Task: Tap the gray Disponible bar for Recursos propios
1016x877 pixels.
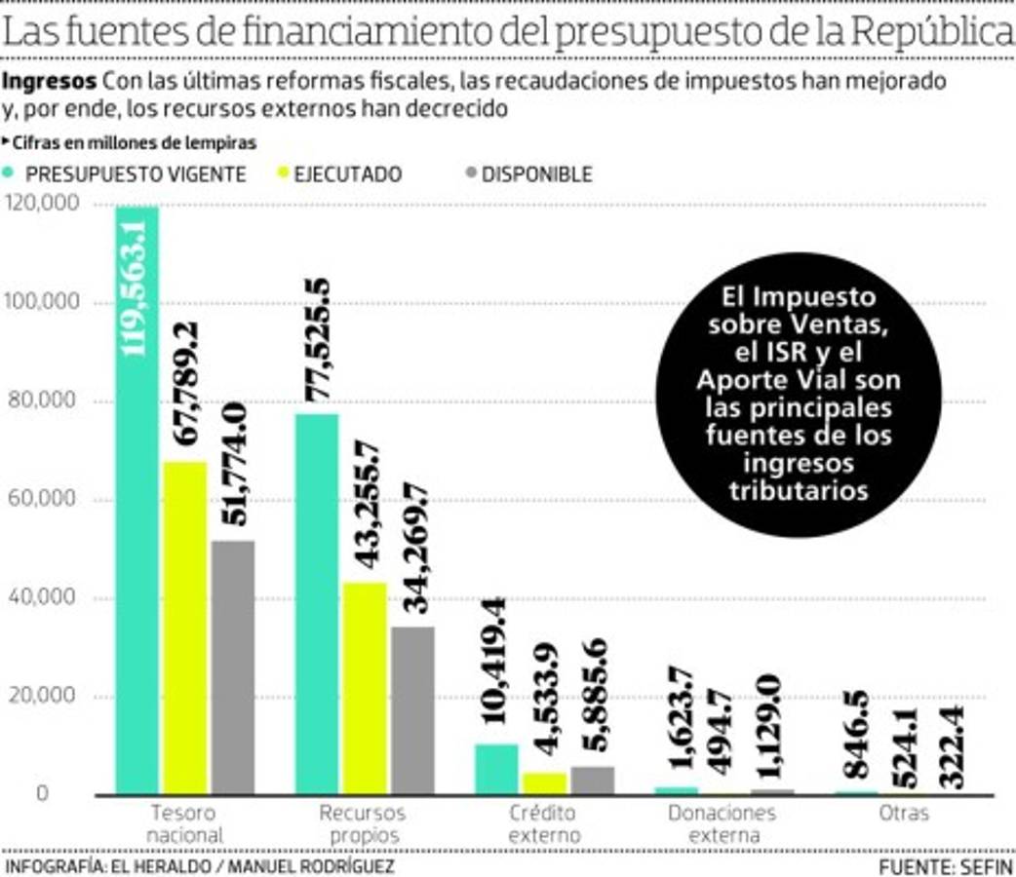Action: click(x=412, y=710)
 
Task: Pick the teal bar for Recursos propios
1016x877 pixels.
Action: click(x=317, y=604)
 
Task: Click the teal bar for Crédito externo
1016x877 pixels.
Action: click(x=496, y=770)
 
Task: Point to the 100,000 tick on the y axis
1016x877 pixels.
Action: click(x=42, y=303)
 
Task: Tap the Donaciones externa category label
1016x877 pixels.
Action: click(x=722, y=824)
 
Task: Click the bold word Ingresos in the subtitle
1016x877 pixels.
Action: click(x=50, y=80)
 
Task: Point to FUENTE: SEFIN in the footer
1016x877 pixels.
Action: click(x=946, y=866)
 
